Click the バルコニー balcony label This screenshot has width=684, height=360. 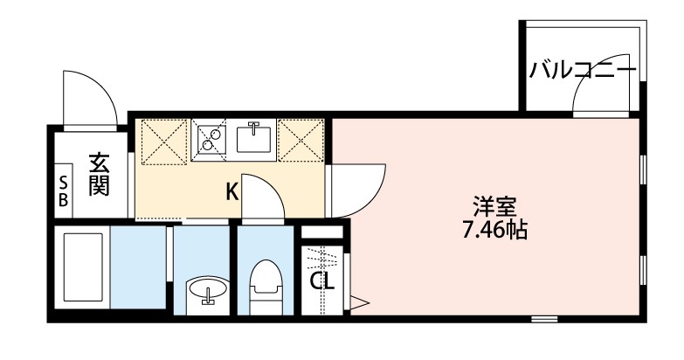(582, 71)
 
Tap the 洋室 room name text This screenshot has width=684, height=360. (494, 208)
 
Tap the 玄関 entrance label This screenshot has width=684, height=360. (98, 174)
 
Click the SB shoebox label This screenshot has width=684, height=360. (64, 190)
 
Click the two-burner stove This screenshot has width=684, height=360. (210, 138)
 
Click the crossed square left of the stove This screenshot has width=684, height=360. (164, 140)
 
